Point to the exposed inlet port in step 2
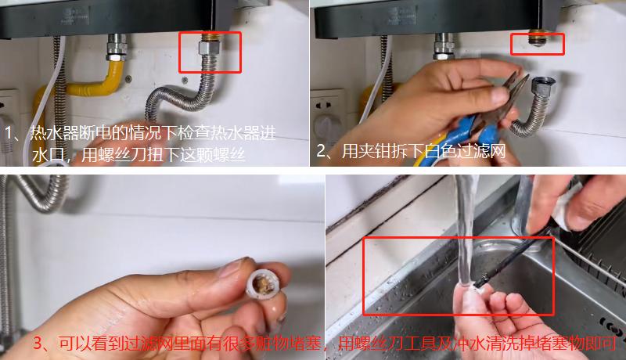point(537,36)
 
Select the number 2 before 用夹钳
point(322,150)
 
